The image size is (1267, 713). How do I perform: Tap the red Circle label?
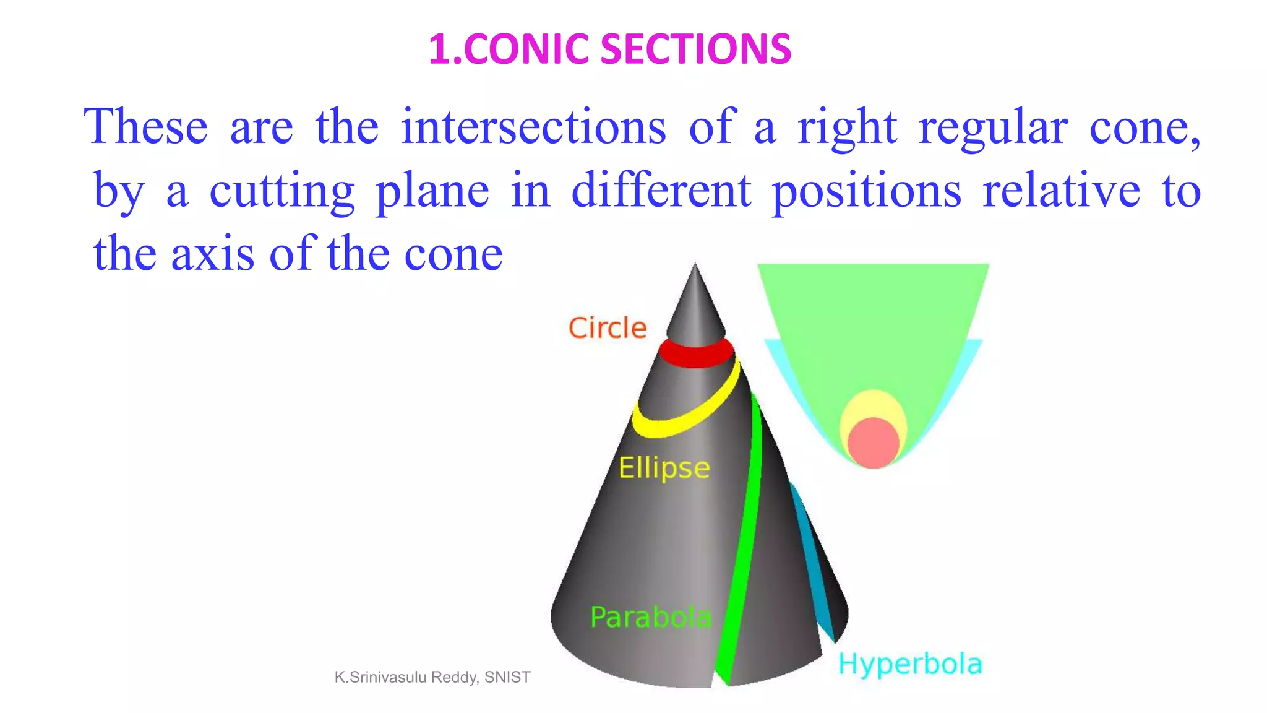(608, 328)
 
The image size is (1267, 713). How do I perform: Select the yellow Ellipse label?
(664, 468)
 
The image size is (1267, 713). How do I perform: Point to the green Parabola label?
(650, 617)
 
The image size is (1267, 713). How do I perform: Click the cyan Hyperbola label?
(910, 664)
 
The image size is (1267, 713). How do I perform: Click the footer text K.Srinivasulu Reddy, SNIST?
(432, 677)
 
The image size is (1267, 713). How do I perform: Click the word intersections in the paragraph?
(533, 127)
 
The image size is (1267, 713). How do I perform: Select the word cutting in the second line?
(281, 191)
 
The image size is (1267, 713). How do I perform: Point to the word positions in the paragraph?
(866, 191)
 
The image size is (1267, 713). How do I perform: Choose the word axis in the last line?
(212, 254)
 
